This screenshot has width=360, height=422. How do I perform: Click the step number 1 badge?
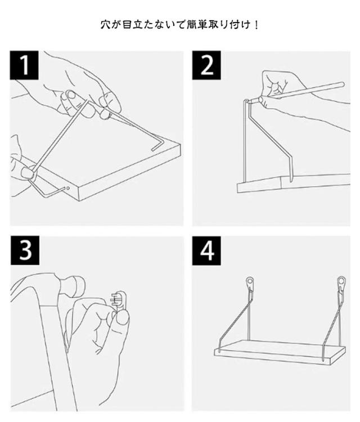tap(24, 65)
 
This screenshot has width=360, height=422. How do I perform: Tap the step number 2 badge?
tap(206, 65)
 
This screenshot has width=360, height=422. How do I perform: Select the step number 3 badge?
tap(25, 250)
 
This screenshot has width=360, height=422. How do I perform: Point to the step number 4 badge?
tap(206, 250)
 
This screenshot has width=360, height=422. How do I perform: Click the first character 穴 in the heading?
tap(105, 25)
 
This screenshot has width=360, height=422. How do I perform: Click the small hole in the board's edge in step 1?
tap(68, 188)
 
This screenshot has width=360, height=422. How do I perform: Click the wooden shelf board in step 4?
tap(280, 352)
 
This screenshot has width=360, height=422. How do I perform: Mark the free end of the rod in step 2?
tap(341, 84)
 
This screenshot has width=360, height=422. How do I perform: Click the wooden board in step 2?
tap(293, 183)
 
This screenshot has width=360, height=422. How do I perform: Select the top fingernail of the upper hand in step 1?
tap(71, 95)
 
